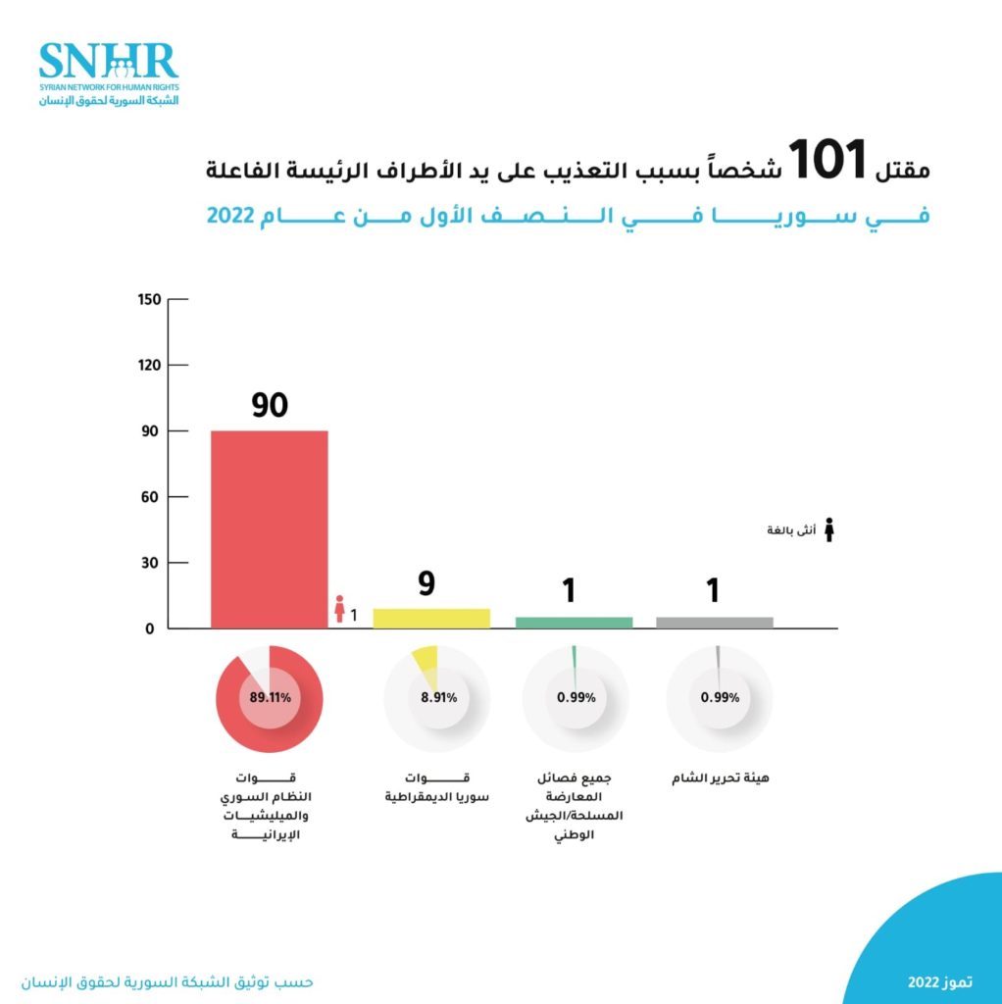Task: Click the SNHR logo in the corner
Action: click(109, 73)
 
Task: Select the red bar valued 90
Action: click(270, 529)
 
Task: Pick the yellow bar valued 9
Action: click(431, 618)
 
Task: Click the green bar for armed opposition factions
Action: click(574, 622)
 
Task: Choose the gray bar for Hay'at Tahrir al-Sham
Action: click(715, 622)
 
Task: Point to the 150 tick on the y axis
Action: click(149, 299)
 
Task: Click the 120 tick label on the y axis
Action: click(149, 365)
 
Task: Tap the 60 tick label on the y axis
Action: click(152, 497)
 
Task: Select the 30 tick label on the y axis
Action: click(152, 563)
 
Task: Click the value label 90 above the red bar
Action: click(270, 405)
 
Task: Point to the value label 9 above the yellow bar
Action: click(427, 585)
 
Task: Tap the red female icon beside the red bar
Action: click(339, 609)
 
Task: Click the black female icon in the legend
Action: click(828, 529)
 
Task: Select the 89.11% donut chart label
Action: click(271, 698)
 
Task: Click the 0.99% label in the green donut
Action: click(576, 698)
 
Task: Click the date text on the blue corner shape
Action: click(940, 981)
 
